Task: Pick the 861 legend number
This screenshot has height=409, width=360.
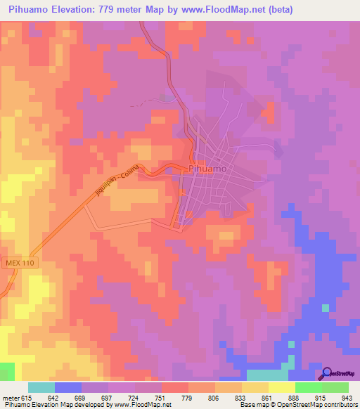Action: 266,397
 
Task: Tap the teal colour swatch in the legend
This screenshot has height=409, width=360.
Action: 41,387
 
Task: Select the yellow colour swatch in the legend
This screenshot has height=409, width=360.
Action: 281,387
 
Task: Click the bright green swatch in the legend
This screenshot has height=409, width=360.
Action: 308,387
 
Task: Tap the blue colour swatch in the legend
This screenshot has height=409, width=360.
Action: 67,387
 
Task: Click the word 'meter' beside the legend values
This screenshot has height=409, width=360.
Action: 11,397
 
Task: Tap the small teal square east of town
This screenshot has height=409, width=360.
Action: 325,307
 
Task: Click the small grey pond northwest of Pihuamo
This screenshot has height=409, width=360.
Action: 166,98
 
